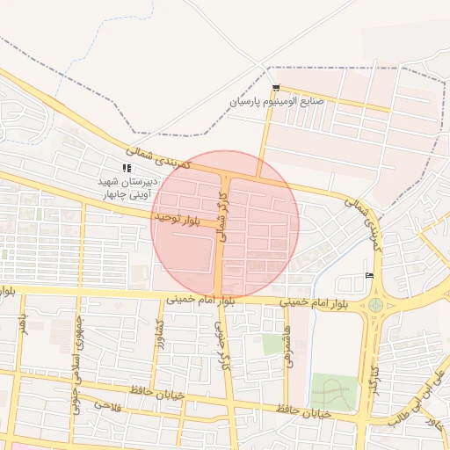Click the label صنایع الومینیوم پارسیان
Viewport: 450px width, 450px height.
[277, 101]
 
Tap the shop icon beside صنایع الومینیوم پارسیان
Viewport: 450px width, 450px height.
[276, 88]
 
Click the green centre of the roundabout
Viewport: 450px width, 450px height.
[376, 305]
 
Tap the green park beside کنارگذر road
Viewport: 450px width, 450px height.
[335, 391]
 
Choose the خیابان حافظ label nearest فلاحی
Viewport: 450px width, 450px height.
[158, 393]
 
